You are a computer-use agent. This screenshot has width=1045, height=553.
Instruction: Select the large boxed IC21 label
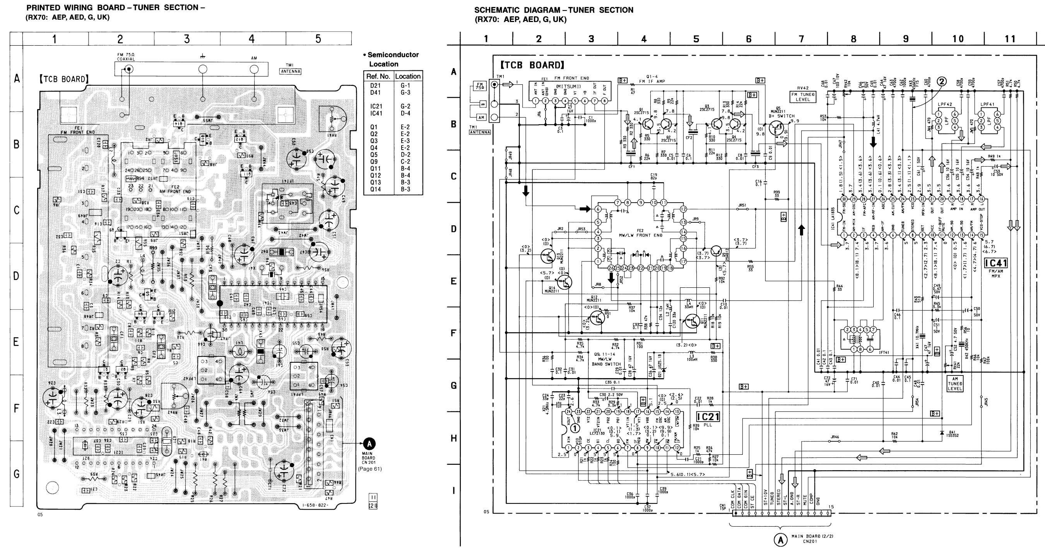click(x=708, y=417)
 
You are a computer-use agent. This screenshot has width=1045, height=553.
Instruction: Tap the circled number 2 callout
click(x=942, y=82)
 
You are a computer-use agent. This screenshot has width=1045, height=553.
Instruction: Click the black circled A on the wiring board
click(x=369, y=443)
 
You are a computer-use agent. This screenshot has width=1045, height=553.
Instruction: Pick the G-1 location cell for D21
click(x=405, y=85)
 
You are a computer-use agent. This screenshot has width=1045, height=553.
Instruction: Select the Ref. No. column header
click(x=378, y=76)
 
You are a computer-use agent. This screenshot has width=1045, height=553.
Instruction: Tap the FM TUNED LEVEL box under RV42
click(x=803, y=97)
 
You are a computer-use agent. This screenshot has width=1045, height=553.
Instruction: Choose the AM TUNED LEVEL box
click(x=954, y=384)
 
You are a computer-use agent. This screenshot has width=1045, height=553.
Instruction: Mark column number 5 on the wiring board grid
click(x=318, y=39)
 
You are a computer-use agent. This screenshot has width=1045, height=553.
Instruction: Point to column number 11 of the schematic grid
click(x=1010, y=39)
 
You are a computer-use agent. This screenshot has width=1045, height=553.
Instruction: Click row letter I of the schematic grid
click(x=453, y=491)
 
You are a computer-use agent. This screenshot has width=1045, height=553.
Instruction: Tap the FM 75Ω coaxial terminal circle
click(x=129, y=69)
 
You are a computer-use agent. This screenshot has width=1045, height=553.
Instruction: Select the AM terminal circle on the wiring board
click(x=254, y=69)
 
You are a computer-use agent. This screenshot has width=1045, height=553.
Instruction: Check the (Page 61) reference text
click(x=369, y=469)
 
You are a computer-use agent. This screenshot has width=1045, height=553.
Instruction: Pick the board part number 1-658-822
click(x=315, y=505)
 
